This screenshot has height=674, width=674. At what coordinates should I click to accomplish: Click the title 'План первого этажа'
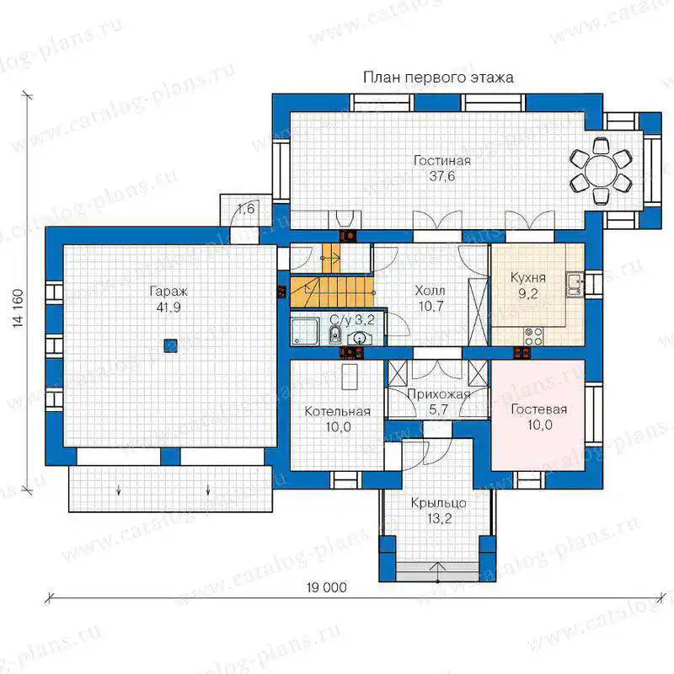point(438,78)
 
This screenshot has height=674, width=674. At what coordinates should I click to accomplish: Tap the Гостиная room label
point(441,161)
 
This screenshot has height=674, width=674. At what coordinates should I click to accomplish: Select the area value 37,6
point(441,176)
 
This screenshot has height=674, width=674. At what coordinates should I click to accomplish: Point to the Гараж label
point(168,292)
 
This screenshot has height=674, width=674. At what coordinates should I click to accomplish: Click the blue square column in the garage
point(171,345)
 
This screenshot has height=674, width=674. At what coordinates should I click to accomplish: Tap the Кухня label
point(528,278)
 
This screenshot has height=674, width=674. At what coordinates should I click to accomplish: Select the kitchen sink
point(575,284)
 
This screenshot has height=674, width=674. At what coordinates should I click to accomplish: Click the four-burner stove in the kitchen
point(533,336)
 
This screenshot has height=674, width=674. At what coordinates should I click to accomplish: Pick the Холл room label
point(430,291)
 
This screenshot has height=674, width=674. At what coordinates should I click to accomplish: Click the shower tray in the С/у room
point(305,331)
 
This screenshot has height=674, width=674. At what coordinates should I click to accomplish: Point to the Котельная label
point(338,411)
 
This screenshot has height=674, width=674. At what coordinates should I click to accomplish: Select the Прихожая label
point(438,394)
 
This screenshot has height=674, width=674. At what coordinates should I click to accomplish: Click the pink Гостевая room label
point(538,409)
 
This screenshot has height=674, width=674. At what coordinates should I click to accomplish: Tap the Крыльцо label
point(438,503)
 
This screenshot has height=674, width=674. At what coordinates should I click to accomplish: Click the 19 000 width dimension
point(327,587)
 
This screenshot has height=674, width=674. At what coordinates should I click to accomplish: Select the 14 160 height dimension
point(18,308)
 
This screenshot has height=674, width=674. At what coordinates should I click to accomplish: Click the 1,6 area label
point(246,209)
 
